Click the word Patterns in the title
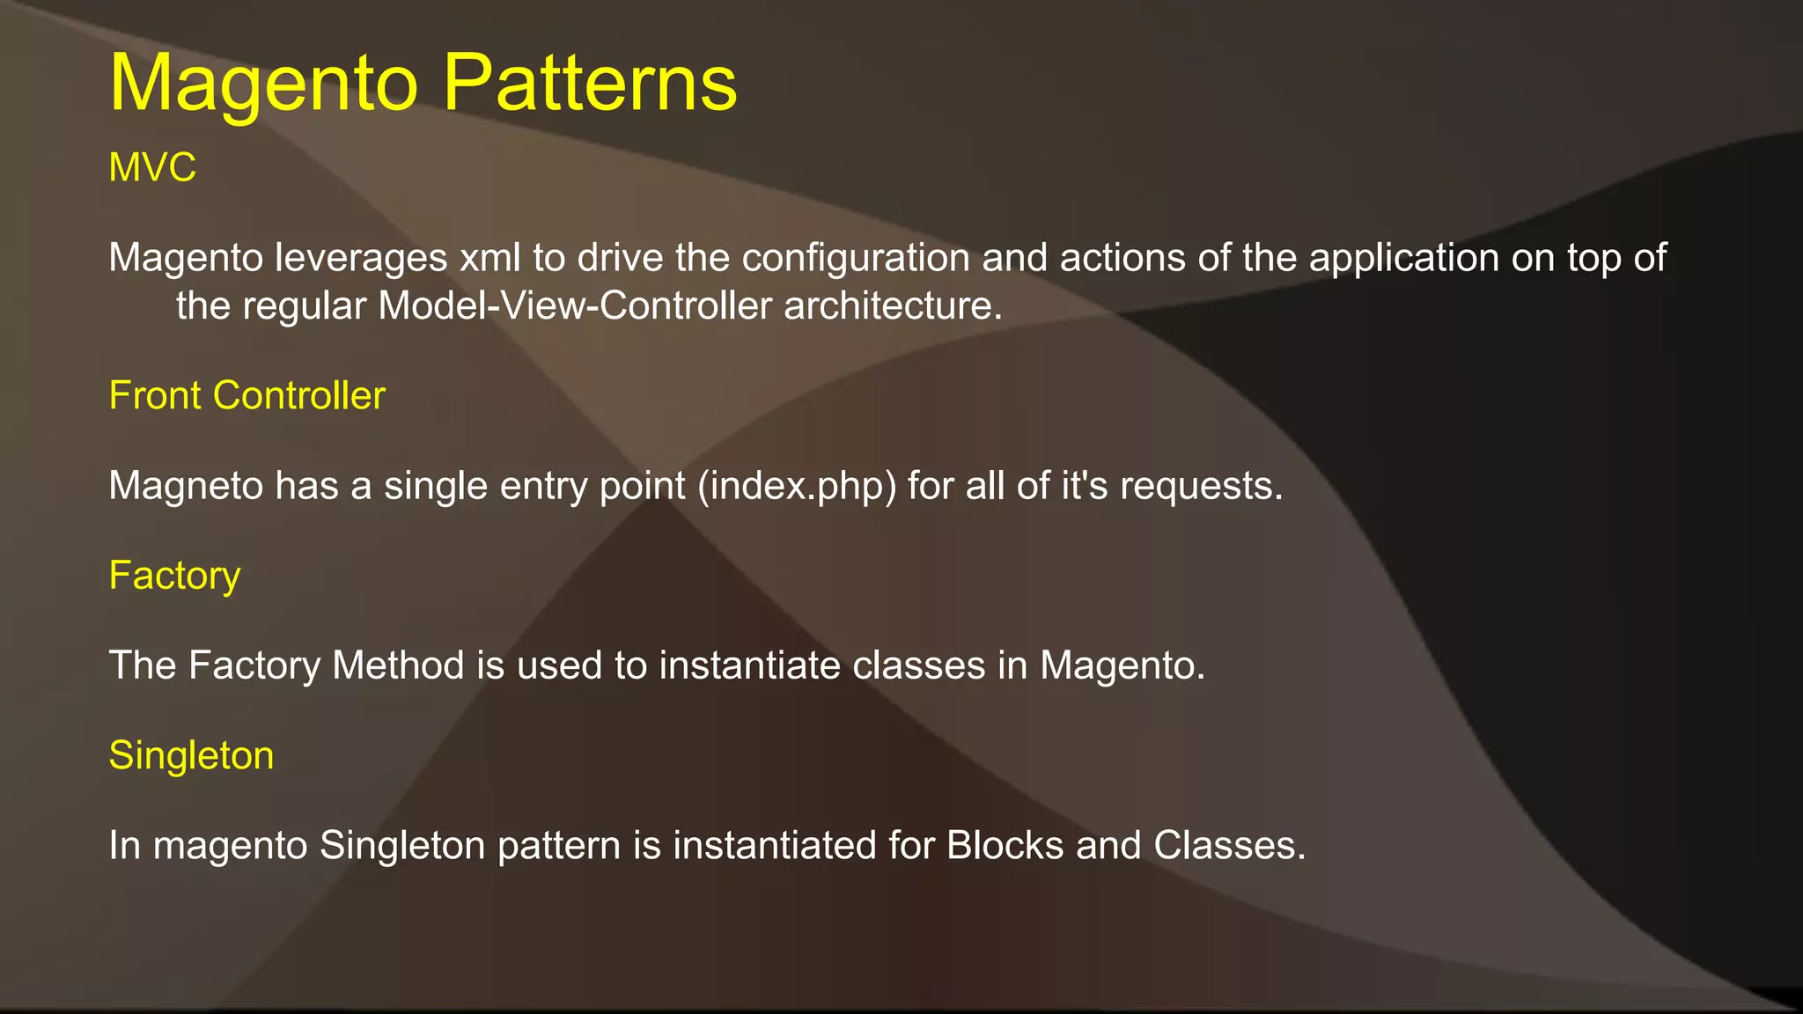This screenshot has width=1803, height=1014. click(x=589, y=83)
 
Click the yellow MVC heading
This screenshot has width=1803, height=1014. click(x=151, y=167)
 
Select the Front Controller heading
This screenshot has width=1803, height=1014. click(x=247, y=395)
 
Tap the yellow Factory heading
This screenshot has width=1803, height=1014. click(x=174, y=576)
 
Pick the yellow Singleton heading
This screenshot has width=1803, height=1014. click(x=191, y=755)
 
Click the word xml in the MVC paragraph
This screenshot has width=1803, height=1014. click(x=490, y=258)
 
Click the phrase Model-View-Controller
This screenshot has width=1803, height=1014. click(x=575, y=306)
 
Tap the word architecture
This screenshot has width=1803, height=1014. click(x=893, y=306)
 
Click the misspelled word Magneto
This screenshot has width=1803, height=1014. click(x=186, y=486)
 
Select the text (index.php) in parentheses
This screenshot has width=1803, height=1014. click(x=796, y=486)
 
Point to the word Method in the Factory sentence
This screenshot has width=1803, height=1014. click(x=398, y=665)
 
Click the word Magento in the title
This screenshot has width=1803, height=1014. click(x=263, y=83)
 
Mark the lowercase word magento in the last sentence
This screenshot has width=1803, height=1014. click(x=230, y=845)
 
